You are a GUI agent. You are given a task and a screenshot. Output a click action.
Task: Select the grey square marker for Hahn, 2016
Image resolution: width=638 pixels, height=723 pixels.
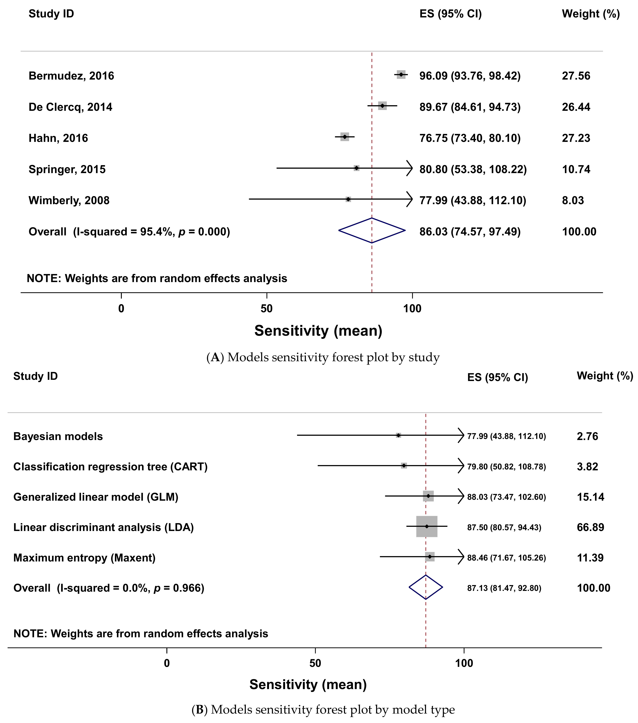(345, 137)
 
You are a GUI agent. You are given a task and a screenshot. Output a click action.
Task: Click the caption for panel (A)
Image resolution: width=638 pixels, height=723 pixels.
(323, 357)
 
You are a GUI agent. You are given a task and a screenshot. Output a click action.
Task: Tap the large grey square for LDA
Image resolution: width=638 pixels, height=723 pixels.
(427, 526)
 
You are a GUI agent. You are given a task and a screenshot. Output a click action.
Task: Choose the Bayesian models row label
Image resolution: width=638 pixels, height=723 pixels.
(58, 436)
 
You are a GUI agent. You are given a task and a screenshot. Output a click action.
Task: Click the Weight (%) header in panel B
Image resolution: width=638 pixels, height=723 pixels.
(605, 376)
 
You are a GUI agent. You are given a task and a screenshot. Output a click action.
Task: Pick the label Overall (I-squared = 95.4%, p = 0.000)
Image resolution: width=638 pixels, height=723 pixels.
(129, 232)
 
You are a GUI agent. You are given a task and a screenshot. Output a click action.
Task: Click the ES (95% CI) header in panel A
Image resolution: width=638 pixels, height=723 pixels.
(450, 14)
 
